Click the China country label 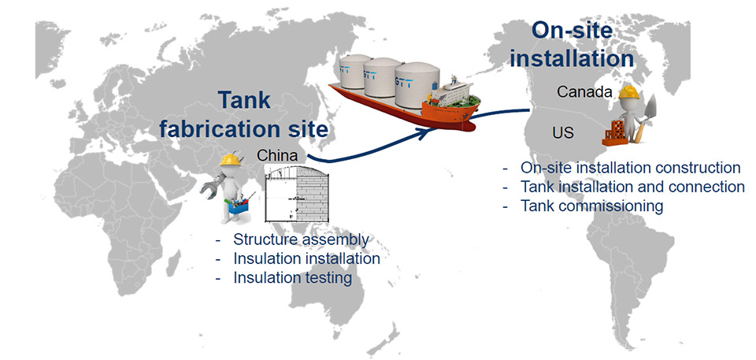point(276,156)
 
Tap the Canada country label point(584,92)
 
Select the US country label point(563,133)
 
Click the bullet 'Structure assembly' point(302,239)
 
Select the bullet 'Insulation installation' point(306,258)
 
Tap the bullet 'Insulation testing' point(292,277)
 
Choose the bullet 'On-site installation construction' point(630,168)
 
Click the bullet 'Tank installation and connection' point(632,187)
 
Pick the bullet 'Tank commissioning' point(591,206)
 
